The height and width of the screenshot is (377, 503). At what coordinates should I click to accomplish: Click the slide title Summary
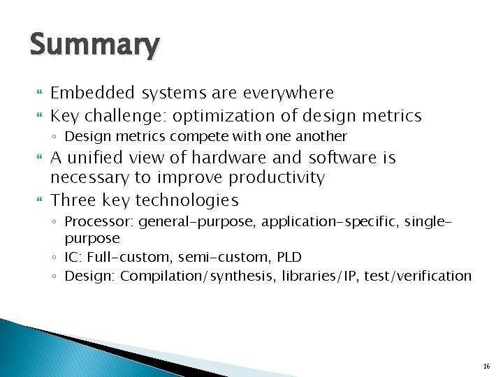[94, 45]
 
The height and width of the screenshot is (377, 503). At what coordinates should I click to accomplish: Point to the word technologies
[187, 201]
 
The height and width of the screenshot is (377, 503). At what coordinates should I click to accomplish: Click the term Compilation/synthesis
[199, 276]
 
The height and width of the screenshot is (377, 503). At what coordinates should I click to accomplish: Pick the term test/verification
[418, 276]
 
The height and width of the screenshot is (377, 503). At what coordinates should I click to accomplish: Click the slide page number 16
[486, 366]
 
